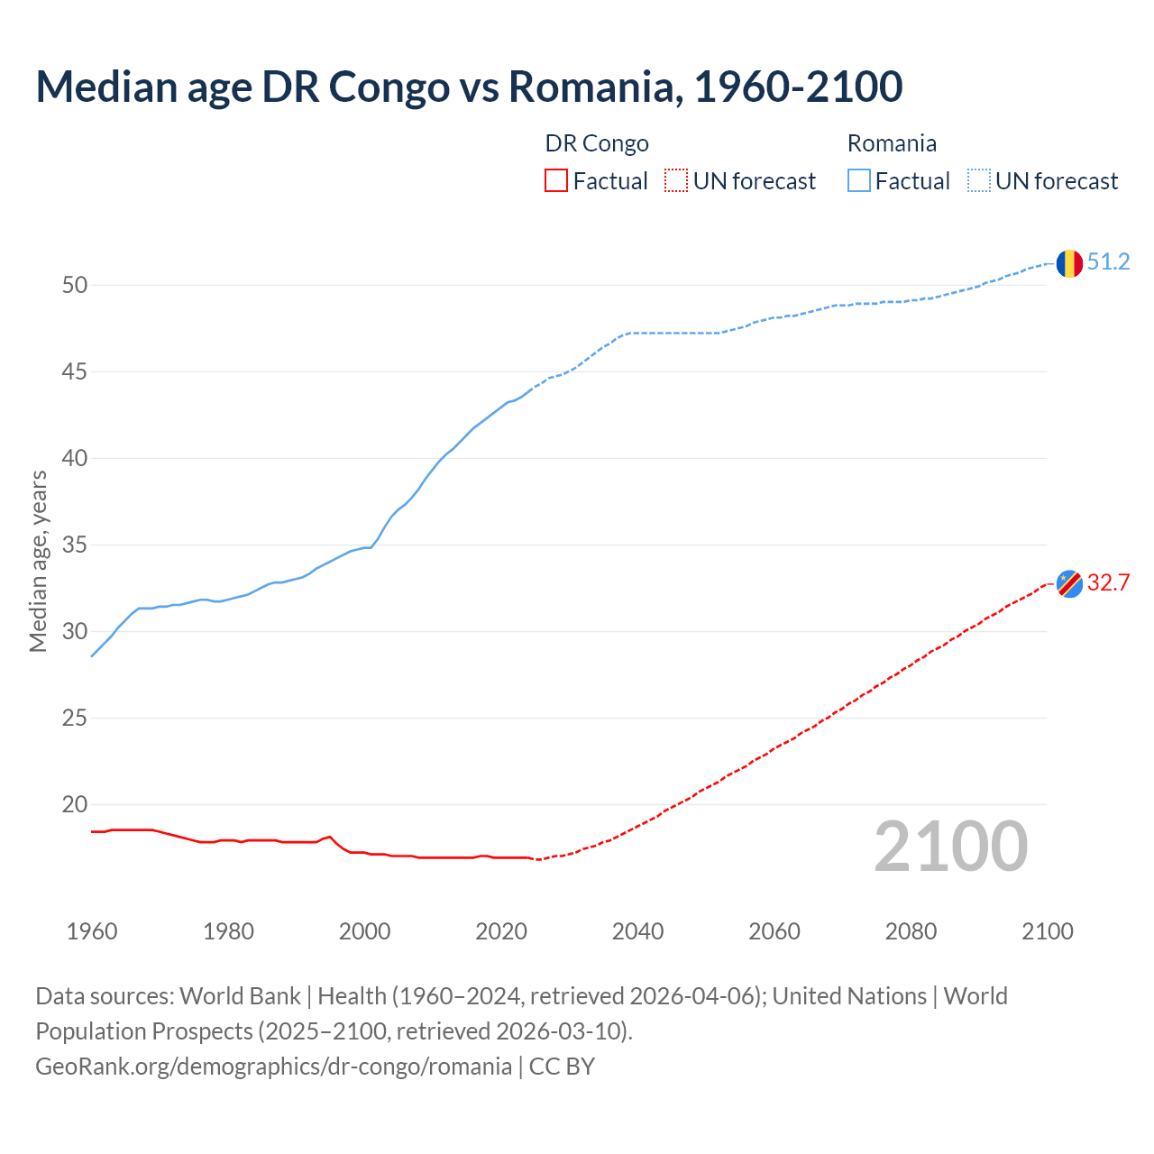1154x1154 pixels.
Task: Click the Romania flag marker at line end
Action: pyautogui.click(x=1069, y=263)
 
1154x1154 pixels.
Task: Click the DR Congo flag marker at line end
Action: pyautogui.click(x=1069, y=584)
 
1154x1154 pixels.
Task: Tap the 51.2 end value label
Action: pyautogui.click(x=1108, y=262)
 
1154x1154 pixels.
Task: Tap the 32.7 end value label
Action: pyautogui.click(x=1108, y=583)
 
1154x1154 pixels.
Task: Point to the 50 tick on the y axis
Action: pyautogui.click(x=75, y=286)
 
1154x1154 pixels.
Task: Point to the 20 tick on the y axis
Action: pyautogui.click(x=75, y=805)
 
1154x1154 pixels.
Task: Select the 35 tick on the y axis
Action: pyautogui.click(x=75, y=545)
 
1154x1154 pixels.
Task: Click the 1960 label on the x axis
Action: pyautogui.click(x=92, y=931)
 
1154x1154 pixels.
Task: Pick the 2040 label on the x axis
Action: pyautogui.click(x=637, y=931)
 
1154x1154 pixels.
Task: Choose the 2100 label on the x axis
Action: pyautogui.click(x=1047, y=931)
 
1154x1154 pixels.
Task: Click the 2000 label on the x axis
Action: pyautogui.click(x=364, y=931)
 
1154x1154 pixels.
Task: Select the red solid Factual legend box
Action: pyautogui.click(x=556, y=181)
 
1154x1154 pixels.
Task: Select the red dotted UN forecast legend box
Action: pyautogui.click(x=676, y=181)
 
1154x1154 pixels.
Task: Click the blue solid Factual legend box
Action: pyautogui.click(x=859, y=181)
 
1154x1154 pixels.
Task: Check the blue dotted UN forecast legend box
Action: pyautogui.click(x=979, y=181)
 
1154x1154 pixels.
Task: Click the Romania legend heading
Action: pyautogui.click(x=892, y=144)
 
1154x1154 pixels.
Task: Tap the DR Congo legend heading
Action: pyautogui.click(x=597, y=144)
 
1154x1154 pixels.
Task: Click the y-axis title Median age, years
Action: pyautogui.click(x=38, y=561)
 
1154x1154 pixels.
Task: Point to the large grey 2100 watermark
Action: pyautogui.click(x=950, y=847)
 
